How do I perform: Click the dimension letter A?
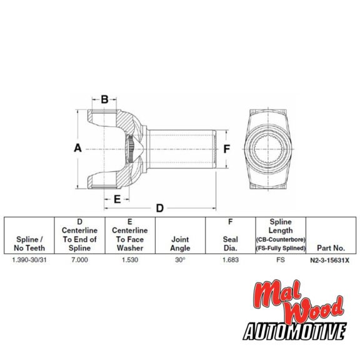click(x=78, y=149)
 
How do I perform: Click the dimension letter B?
click(x=105, y=99)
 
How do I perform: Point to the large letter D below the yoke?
click(x=159, y=208)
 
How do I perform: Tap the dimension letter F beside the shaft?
click(x=227, y=149)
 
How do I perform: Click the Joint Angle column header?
click(x=180, y=244)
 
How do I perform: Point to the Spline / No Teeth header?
click(x=29, y=244)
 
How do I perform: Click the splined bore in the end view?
click(x=273, y=150)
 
